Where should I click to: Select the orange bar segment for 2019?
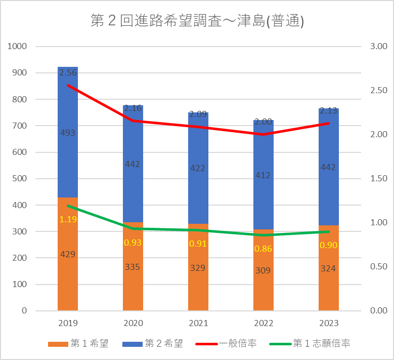click(68, 278)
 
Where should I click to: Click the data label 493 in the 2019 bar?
click(68, 133)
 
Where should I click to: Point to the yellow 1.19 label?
click(68, 219)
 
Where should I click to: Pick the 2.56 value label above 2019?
click(68, 73)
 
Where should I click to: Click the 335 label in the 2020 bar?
click(133, 266)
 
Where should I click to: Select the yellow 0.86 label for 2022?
click(264, 249)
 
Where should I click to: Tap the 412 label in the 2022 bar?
click(264, 175)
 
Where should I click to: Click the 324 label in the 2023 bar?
click(329, 268)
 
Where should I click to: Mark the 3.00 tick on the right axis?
click(378, 47)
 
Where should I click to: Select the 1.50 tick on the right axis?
click(378, 179)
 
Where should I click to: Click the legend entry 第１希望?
click(84, 344)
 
